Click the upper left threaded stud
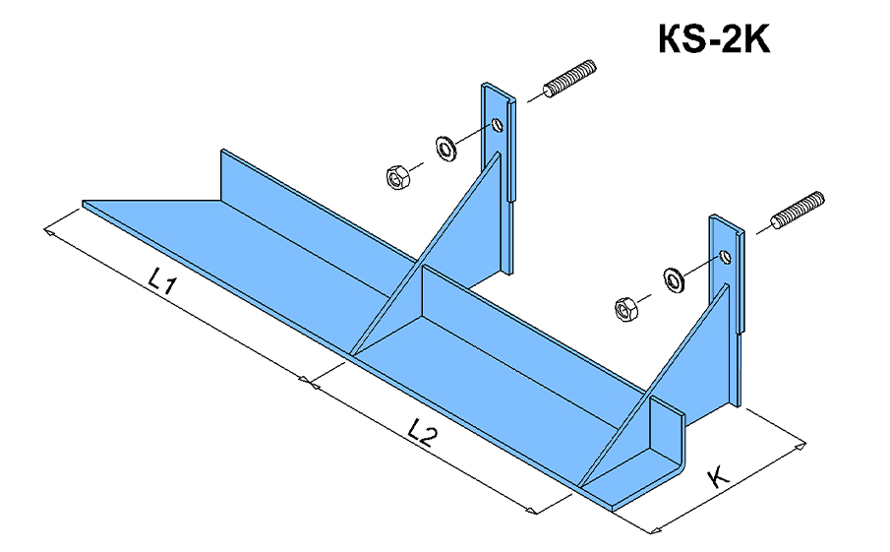(569, 80)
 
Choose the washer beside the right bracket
(676, 278)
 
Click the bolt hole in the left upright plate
(499, 125)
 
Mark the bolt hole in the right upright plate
(726, 257)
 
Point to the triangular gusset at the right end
(679, 364)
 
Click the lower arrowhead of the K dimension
(655, 531)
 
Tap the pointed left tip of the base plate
(86, 204)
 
